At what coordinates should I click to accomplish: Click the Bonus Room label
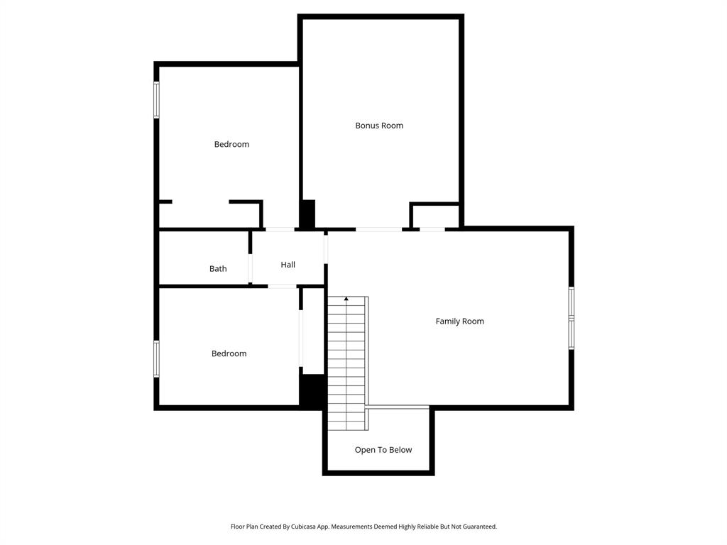tap(379, 126)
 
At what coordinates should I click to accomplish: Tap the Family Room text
tap(459, 321)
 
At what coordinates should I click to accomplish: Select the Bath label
tap(218, 269)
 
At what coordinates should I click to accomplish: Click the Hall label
tap(288, 265)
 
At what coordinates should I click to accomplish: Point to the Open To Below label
tap(383, 450)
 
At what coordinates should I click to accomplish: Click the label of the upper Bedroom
tap(231, 144)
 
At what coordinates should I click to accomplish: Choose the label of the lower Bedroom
tap(229, 353)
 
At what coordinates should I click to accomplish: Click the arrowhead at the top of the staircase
tap(346, 299)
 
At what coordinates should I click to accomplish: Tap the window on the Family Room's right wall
tap(572, 318)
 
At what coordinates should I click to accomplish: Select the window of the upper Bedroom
tap(156, 100)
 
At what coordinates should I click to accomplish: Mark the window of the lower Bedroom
tap(156, 358)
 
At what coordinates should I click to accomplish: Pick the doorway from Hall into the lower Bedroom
tap(282, 286)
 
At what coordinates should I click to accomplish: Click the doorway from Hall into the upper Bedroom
tap(280, 229)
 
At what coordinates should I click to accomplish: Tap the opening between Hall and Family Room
tap(326, 248)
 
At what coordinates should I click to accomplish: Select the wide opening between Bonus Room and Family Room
tap(378, 229)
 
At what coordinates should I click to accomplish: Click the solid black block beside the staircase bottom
tap(313, 390)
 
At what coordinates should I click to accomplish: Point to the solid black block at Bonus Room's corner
tap(307, 214)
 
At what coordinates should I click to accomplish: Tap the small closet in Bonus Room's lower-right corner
tap(434, 216)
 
